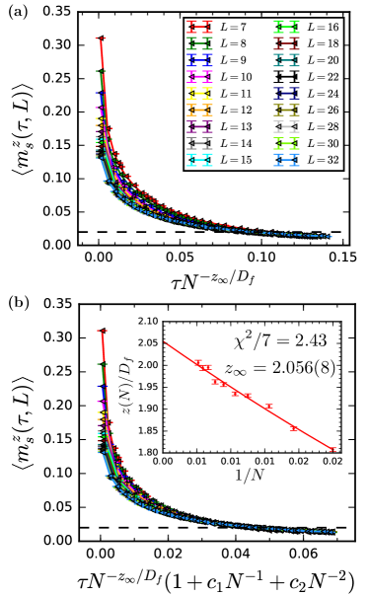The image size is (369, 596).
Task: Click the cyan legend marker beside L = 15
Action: pos(200,159)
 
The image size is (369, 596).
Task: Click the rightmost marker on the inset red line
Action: pos(332,449)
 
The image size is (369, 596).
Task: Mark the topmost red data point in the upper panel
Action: pos(101,38)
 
